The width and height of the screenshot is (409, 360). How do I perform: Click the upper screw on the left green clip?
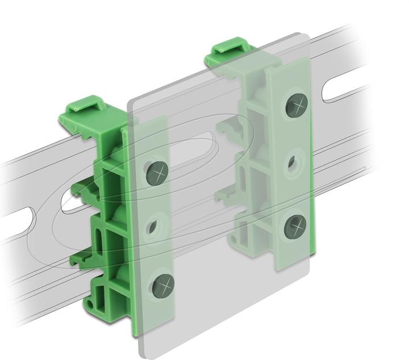157,171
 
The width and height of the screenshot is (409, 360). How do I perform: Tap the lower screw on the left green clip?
164,282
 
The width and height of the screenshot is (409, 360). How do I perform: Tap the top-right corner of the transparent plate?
307,37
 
